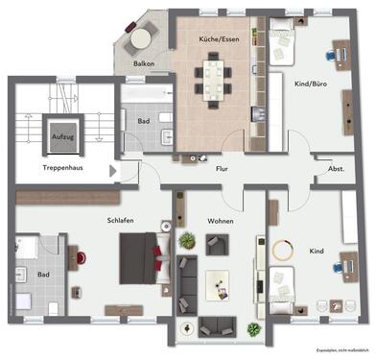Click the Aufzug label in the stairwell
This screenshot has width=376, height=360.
coord(64,138)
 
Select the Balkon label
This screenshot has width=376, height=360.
coord(145,64)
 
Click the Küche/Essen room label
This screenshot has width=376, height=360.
coord(219,39)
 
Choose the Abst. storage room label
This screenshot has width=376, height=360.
coord(336,168)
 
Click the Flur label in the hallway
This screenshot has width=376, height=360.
coord(221,168)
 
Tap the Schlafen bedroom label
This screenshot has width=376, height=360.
coord(120,220)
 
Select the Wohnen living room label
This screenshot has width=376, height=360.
coord(222,221)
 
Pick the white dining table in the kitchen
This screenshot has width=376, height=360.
coord(212,73)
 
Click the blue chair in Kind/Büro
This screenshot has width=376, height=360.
coord(330,55)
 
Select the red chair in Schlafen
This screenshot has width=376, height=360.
coord(82,257)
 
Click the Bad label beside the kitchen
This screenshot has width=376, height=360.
coord(143,122)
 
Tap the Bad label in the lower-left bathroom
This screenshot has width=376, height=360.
coord(43,274)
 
